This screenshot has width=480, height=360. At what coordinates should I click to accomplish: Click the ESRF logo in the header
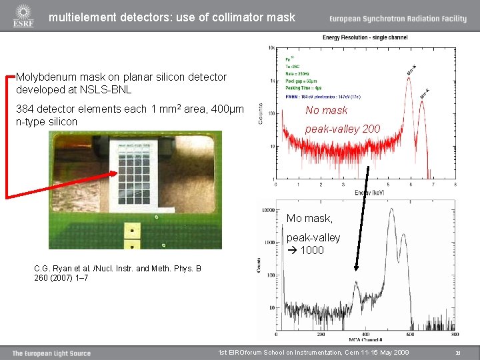pyautogui.click(x=23, y=17)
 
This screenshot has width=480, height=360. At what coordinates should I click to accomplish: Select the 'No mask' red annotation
pyautogui.click(x=327, y=111)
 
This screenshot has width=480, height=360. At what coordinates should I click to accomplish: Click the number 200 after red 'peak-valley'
pyautogui.click(x=371, y=129)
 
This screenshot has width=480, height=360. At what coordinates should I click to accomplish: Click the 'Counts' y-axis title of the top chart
pyautogui.click(x=261, y=113)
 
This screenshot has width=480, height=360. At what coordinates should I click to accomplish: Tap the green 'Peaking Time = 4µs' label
pyautogui.click(x=303, y=88)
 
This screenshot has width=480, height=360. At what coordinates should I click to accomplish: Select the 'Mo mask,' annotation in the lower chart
pyautogui.click(x=309, y=219)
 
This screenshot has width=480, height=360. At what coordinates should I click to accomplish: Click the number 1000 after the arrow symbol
pyautogui.click(x=312, y=251)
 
